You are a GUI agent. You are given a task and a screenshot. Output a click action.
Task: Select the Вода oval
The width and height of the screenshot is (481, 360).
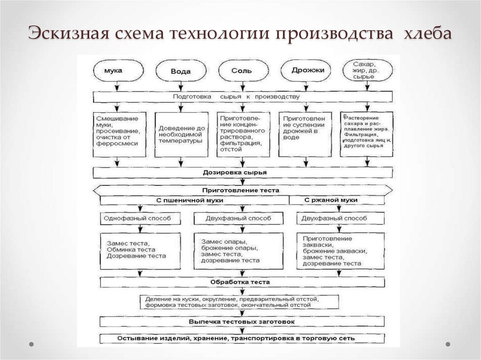pos(181,72)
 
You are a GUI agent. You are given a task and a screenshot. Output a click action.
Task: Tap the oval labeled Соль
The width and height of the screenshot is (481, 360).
pos(242,71)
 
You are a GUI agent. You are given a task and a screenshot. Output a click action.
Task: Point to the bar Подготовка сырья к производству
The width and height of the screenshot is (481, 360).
pos(242,97)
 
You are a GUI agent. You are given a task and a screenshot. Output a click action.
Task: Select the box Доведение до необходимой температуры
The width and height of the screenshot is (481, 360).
pos(181,134)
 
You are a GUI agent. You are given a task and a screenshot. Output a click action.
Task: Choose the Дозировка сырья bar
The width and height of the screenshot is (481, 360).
pos(242,173)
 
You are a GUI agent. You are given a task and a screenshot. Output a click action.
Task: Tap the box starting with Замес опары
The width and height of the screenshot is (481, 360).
pos(239,251)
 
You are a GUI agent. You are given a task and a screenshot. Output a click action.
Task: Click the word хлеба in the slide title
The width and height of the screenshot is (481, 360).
pos(428,34)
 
